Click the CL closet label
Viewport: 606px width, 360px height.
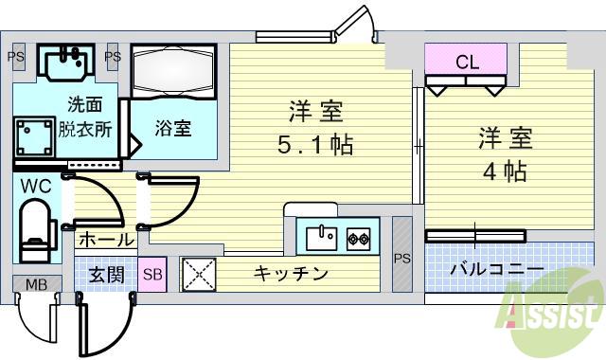(x=467, y=64)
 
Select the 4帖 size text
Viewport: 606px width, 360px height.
(x=502, y=173)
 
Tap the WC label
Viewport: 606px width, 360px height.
(x=36, y=187)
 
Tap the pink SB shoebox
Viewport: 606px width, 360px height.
(x=151, y=275)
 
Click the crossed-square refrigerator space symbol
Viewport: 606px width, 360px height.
(x=199, y=275)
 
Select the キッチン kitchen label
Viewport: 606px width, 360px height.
(x=291, y=275)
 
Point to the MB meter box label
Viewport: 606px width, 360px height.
(x=36, y=284)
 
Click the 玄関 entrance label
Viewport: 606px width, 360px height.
(x=106, y=275)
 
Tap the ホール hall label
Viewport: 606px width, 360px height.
(x=105, y=241)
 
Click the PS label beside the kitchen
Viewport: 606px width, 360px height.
(x=402, y=258)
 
